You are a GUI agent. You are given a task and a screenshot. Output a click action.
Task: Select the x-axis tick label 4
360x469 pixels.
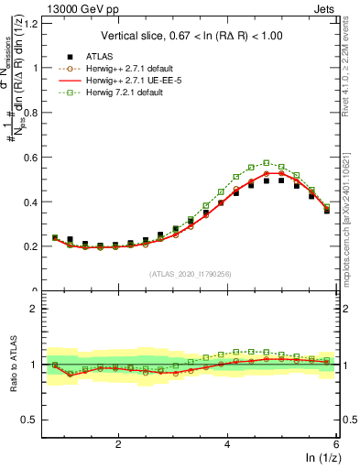[227, 442]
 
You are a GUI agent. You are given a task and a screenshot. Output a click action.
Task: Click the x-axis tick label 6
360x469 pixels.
[336, 442]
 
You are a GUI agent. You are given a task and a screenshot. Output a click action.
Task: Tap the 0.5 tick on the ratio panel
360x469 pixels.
[32, 420]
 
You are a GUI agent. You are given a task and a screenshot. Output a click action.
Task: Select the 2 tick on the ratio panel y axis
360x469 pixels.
[37, 309]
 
